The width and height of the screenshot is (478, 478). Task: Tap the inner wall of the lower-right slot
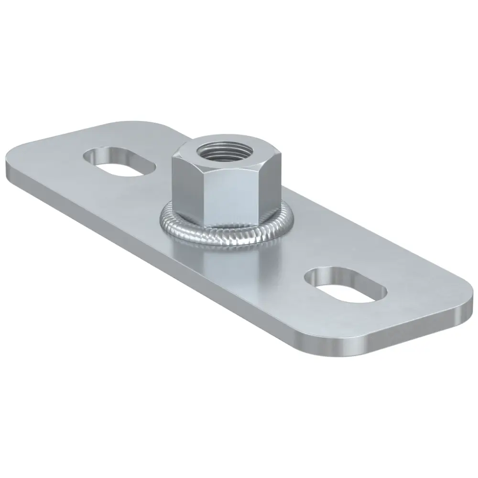[339, 276]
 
